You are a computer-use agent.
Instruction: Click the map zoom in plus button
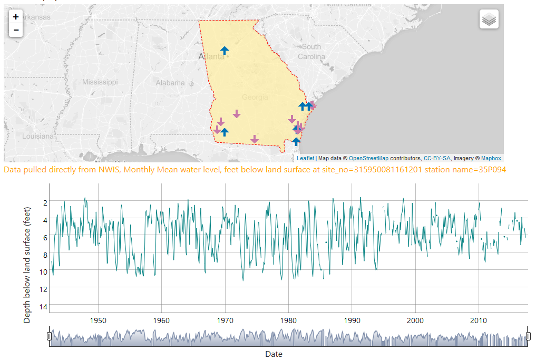pos(16,17)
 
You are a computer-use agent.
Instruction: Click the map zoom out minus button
pos(16,30)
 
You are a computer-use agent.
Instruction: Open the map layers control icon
pos(489,20)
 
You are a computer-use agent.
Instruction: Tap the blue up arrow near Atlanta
pos(225,51)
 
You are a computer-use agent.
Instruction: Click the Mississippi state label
pos(100,82)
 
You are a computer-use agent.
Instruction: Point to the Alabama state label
pos(170,83)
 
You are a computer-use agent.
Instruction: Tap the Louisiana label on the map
pos(37,136)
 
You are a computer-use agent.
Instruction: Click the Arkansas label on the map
pos(35,17)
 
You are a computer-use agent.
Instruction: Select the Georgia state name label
pos(255,97)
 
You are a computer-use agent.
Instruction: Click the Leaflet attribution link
pos(305,158)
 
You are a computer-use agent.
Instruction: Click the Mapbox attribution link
pos(491,158)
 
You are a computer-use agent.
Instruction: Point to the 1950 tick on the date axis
pos(98,320)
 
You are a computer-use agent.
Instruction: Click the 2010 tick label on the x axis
pos(479,320)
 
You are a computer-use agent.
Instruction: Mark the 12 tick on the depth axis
pos(44,289)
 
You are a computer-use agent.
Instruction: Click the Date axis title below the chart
pos(274,354)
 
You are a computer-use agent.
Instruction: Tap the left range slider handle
pos(50,336)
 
